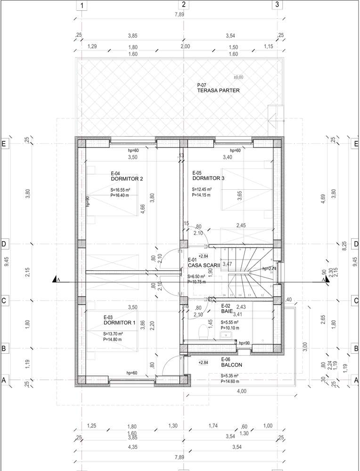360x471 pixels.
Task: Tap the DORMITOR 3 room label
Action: [208, 179]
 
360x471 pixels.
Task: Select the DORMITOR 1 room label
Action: [119, 323]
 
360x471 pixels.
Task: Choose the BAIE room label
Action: [226, 311]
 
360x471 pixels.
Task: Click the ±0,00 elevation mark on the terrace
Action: [238, 77]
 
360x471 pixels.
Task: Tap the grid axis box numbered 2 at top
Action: [184, 5]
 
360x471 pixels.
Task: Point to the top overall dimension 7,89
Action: [179, 15]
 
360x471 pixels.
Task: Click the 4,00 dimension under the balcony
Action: [241, 391]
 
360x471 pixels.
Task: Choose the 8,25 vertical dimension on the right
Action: [344, 244]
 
